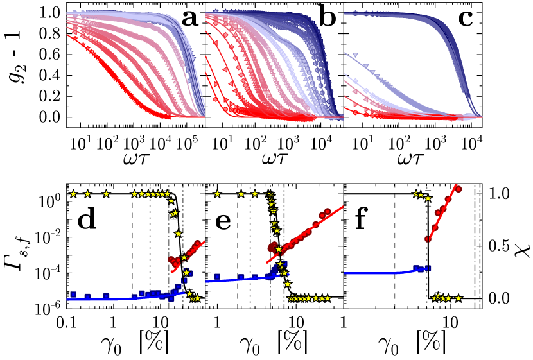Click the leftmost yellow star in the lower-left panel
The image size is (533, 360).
coord(73,194)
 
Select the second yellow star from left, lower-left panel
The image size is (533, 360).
coord(87,194)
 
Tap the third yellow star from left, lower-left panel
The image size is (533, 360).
coord(106,194)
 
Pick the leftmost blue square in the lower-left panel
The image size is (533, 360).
coord(73,295)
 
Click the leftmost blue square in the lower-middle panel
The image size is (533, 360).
coord(217,277)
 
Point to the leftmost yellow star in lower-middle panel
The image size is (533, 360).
coord(217,194)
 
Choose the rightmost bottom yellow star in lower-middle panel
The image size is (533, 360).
coord(328,298)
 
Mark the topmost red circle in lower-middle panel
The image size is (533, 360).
coord(328,211)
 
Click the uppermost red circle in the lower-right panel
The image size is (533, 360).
coord(459,189)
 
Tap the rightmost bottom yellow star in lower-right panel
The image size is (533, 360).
coord(458,298)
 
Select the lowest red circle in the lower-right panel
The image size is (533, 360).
coord(428,239)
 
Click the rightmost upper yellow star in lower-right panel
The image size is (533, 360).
coord(428,198)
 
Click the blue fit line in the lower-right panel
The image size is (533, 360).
coord(372,273)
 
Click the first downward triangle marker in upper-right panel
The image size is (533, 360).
coord(355,56)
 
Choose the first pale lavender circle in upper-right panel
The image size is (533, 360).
coord(355,81)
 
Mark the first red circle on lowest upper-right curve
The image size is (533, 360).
coord(355,112)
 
